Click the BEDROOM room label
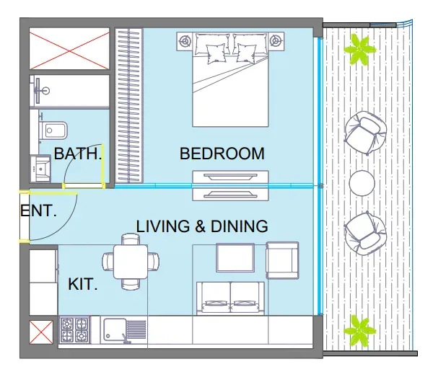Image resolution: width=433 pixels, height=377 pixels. [x=222, y=154]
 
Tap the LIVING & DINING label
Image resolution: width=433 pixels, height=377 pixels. [x=202, y=226]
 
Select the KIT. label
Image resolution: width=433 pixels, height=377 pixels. [x=83, y=284]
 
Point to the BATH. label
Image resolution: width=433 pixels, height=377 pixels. [x=78, y=154]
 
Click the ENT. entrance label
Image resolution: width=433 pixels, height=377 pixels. [x=38, y=210]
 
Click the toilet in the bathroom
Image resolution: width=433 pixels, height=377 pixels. [x=53, y=130]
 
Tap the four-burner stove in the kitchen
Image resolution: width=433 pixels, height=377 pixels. [x=74, y=330]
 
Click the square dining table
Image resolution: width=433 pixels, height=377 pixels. [x=131, y=262]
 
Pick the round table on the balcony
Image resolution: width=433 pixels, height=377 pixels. [x=362, y=183]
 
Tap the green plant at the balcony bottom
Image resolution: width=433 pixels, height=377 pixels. [x=359, y=331]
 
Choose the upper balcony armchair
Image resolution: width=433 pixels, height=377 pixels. [x=365, y=133]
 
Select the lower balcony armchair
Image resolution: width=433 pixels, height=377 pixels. [x=365, y=234]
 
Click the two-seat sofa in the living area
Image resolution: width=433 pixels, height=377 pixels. [x=231, y=298]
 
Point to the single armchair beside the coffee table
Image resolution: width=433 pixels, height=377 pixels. [x=282, y=260]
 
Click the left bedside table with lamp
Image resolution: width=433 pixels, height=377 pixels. [x=185, y=41]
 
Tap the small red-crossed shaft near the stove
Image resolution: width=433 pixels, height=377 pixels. [x=41, y=332]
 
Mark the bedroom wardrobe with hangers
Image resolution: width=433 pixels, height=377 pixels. [x=128, y=105]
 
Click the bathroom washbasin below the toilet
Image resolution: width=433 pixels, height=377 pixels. [x=40, y=168]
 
